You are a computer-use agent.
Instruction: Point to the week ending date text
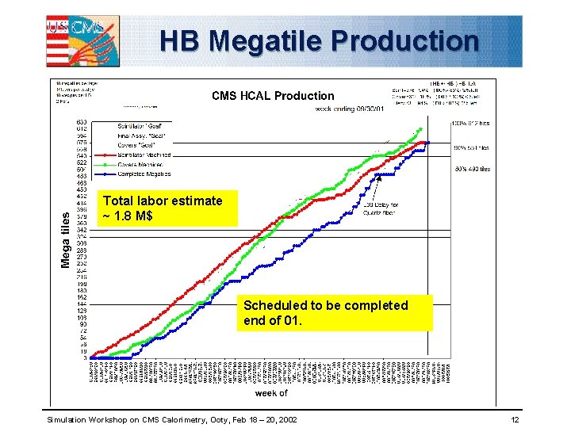tap(349, 108)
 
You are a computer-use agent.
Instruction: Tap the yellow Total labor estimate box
tap(163, 208)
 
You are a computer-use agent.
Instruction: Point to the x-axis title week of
tap(270, 392)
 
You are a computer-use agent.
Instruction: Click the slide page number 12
tap(514, 418)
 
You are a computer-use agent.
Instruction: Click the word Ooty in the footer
tap(214, 418)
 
